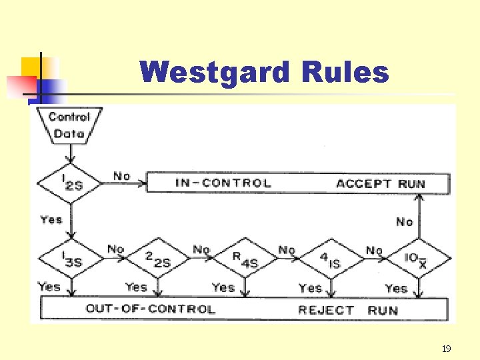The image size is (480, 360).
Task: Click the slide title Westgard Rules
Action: [x=264, y=72]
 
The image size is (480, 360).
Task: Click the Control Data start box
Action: [x=69, y=125]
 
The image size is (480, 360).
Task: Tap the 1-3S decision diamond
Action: [x=70, y=259]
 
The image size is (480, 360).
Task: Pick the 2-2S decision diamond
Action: [x=157, y=259]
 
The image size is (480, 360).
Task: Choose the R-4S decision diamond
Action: [x=243, y=259]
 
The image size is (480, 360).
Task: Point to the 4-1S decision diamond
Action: [x=330, y=259]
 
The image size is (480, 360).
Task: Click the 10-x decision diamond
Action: [x=419, y=259]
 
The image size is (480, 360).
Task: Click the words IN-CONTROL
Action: [x=223, y=183]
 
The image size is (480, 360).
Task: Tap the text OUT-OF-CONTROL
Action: [x=150, y=309]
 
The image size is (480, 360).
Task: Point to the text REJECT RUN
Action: [x=347, y=309]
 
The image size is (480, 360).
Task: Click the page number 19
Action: [x=446, y=348]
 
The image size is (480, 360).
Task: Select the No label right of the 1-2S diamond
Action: [x=121, y=176]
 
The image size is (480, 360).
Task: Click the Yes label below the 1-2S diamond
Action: [x=51, y=219]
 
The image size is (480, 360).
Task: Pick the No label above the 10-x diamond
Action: [x=405, y=221]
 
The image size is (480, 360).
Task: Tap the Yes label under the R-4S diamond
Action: [x=223, y=287]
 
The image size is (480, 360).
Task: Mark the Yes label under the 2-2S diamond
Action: [x=136, y=287]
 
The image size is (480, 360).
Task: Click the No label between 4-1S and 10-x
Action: [x=374, y=250]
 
